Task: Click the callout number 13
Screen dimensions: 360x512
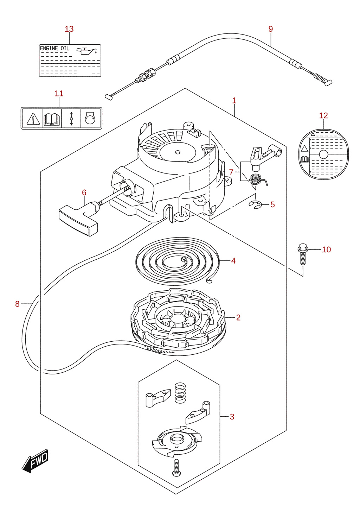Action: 69,29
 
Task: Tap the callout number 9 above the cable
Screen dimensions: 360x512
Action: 271,29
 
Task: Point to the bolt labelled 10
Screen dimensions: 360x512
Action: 303,254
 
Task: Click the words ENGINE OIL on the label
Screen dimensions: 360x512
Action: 55,49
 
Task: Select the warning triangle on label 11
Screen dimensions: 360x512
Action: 33,119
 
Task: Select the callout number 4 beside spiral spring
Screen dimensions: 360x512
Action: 233,260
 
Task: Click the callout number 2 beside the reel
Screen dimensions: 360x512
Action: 238,317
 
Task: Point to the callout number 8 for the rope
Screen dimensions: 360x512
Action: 17,304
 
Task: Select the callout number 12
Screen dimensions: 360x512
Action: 323,116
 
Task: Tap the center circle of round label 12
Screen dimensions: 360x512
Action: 323,154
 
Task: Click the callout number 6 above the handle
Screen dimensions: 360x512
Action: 84,193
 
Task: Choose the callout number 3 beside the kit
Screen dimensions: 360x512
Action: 232,417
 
